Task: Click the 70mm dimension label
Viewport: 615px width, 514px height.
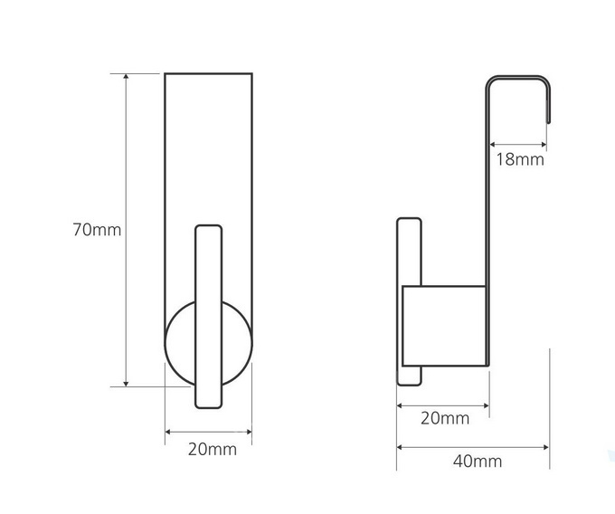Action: tap(97, 230)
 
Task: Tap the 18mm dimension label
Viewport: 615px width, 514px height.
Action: tap(520, 159)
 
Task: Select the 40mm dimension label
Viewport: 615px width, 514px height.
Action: tap(478, 462)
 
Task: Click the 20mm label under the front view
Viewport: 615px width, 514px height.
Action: tap(213, 450)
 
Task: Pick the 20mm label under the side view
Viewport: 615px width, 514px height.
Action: tap(445, 419)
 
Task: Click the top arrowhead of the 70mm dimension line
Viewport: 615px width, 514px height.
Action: tap(126, 76)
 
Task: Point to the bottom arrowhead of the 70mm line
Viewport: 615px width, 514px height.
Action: tap(126, 384)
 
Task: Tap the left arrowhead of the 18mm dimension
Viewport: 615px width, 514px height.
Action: tap(493, 145)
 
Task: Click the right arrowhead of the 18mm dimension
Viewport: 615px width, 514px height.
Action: tap(544, 145)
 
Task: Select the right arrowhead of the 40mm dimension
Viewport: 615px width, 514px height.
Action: tap(545, 447)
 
